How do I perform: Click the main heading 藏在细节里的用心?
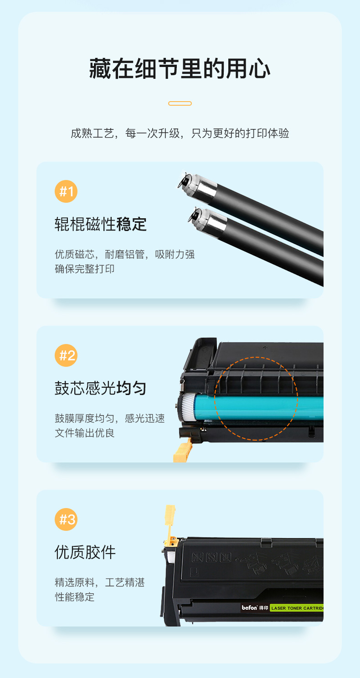(180, 69)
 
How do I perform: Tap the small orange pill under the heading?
(180, 103)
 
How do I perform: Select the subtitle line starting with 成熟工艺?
(180, 133)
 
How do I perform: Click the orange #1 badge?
(66, 191)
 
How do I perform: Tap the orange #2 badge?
(66, 355)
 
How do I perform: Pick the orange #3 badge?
(66, 519)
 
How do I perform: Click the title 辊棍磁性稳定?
(101, 224)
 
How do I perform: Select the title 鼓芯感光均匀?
(101, 388)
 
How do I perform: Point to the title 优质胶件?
(85, 552)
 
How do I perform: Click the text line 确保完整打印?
(84, 269)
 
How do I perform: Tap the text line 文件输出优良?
(84, 433)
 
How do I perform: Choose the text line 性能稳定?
(74, 597)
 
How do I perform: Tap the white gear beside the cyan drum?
(188, 407)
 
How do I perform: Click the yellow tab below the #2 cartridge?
(182, 451)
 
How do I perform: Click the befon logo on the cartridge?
(249, 607)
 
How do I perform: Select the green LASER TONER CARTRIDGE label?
(297, 608)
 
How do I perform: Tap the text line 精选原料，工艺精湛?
(100, 582)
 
